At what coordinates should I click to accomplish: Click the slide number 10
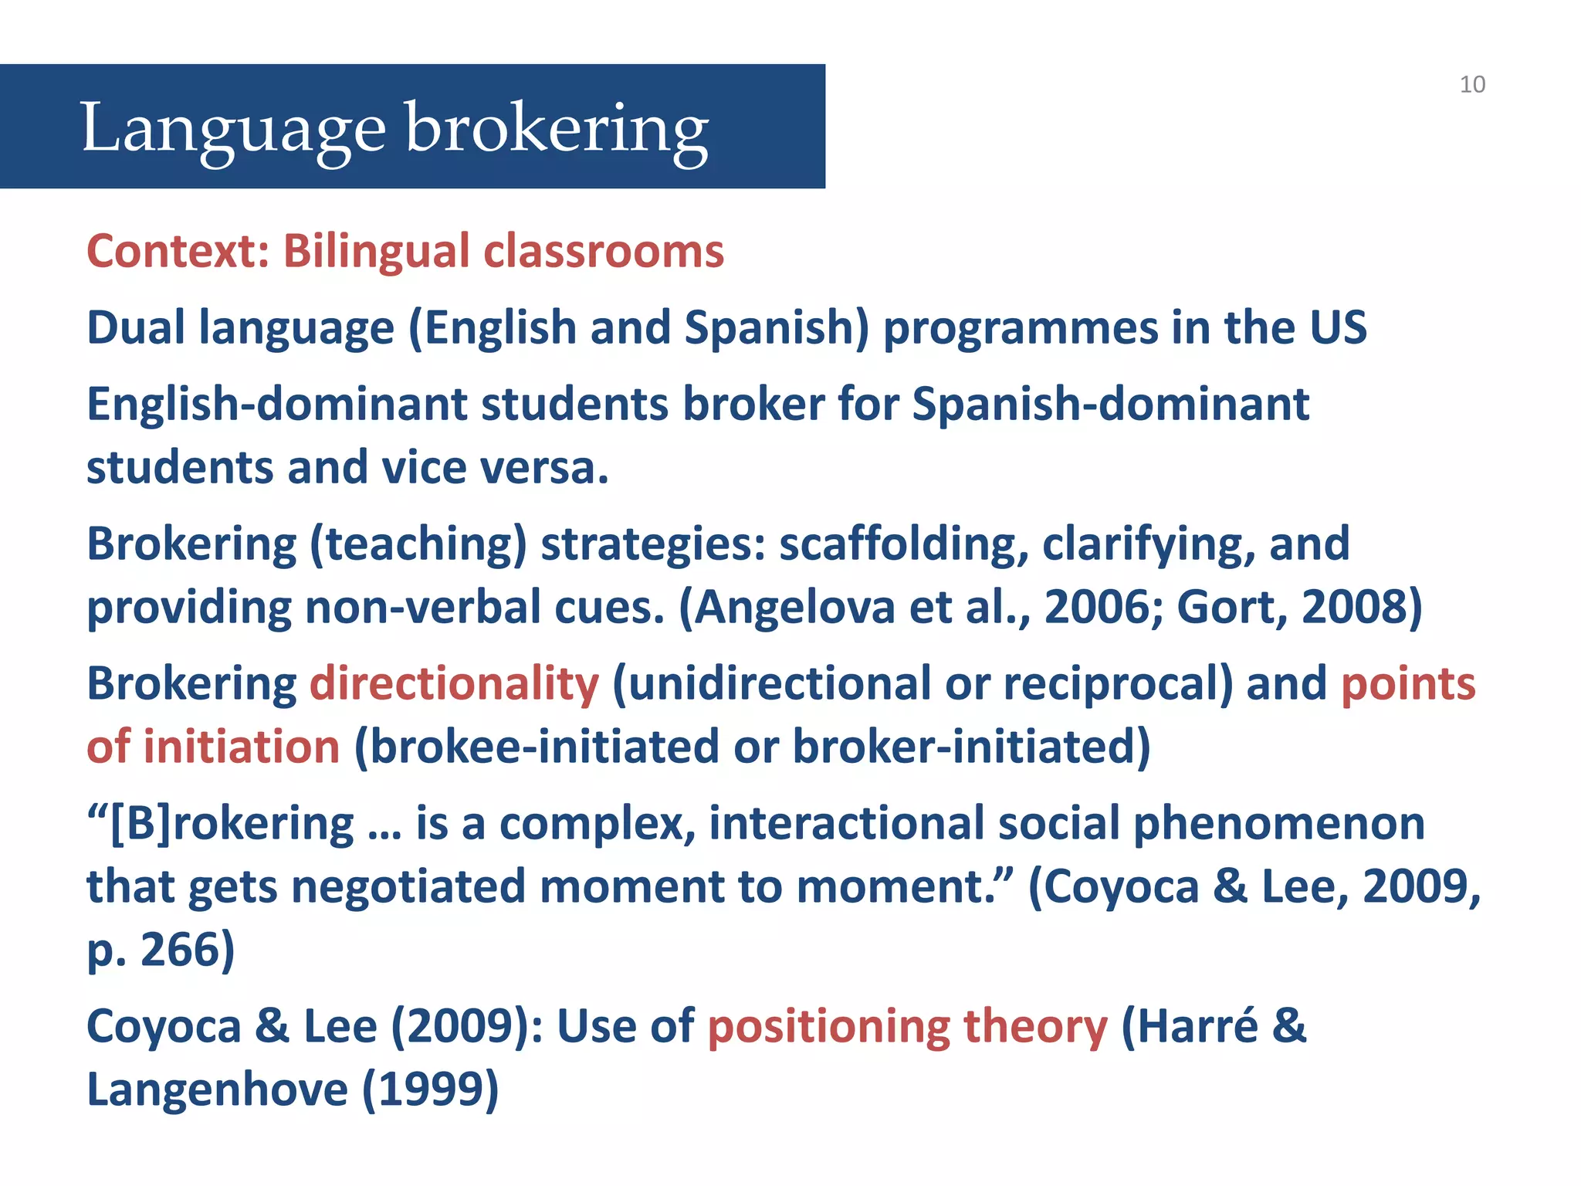pyautogui.click(x=1472, y=84)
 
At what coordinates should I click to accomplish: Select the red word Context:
pyautogui.click(x=178, y=251)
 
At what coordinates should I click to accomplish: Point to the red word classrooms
pyautogui.click(x=604, y=251)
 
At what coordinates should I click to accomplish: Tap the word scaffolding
pyautogui.click(x=904, y=544)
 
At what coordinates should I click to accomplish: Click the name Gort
pyautogui.click(x=1232, y=607)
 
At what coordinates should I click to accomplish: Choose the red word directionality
pyautogui.click(x=454, y=684)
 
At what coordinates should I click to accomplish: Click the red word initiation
pyautogui.click(x=242, y=747)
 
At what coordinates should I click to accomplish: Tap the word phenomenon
pyautogui.click(x=1278, y=823)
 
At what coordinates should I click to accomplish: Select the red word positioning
pyautogui.click(x=828, y=1027)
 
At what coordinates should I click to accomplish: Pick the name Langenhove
pyautogui.click(x=218, y=1089)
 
